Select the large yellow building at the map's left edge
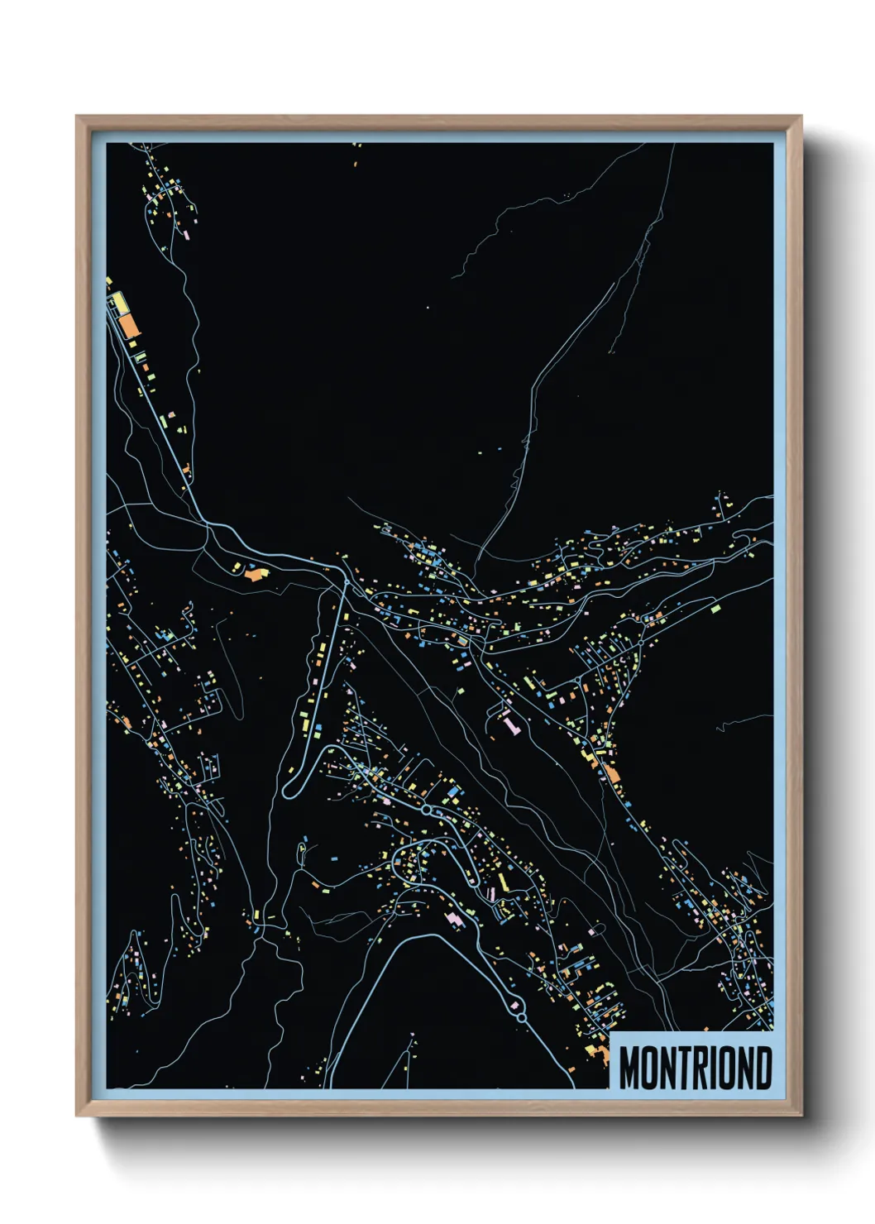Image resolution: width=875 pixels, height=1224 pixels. tap(119, 303)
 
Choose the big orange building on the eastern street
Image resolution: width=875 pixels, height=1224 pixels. tap(611, 772)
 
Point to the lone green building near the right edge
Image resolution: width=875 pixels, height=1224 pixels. tap(715, 608)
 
